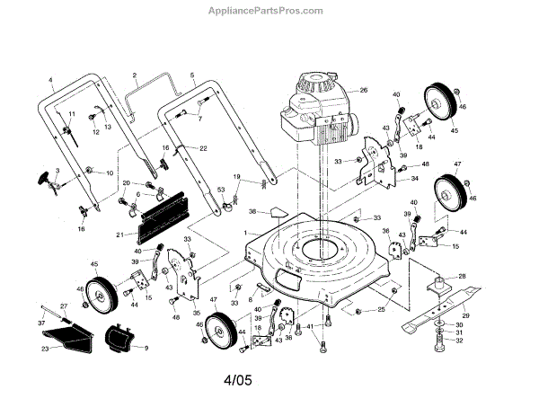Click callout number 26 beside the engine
click(x=365, y=91)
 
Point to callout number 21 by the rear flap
click(x=119, y=235)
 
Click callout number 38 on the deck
click(x=253, y=213)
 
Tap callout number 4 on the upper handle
click(x=51, y=81)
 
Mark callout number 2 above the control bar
click(x=133, y=75)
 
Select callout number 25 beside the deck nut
click(x=381, y=310)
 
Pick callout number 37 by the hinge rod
click(x=41, y=322)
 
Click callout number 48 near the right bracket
click(x=425, y=164)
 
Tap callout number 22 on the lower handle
click(x=203, y=147)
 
